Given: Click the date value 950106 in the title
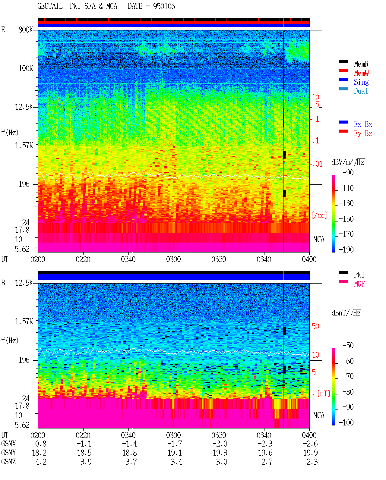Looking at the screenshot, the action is point(164,6).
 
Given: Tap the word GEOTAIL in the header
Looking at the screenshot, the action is point(50,6).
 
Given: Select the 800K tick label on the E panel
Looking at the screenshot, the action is point(26,30).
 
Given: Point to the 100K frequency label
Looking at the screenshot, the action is point(26,68).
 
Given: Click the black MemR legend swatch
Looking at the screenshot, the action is point(343,62).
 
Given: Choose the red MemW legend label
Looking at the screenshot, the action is point(361,73).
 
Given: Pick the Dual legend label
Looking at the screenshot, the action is point(361,91).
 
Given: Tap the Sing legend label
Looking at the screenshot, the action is point(361,82).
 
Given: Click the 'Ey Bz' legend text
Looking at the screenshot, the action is point(363,133).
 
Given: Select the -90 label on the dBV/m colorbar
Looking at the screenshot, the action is point(348,172).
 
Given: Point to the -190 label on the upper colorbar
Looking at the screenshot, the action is point(346,249).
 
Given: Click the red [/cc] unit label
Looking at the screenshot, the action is point(319,215).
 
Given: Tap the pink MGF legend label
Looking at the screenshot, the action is point(359,284).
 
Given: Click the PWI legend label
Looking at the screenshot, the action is point(359,275).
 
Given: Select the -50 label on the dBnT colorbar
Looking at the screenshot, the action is point(348,346).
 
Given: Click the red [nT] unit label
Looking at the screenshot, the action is point(324,393).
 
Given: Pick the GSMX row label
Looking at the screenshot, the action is point(8,444).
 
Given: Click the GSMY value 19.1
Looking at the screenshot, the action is point(175,453).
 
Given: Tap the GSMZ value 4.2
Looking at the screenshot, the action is point(41,462).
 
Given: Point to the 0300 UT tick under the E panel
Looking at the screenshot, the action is point(173,259).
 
